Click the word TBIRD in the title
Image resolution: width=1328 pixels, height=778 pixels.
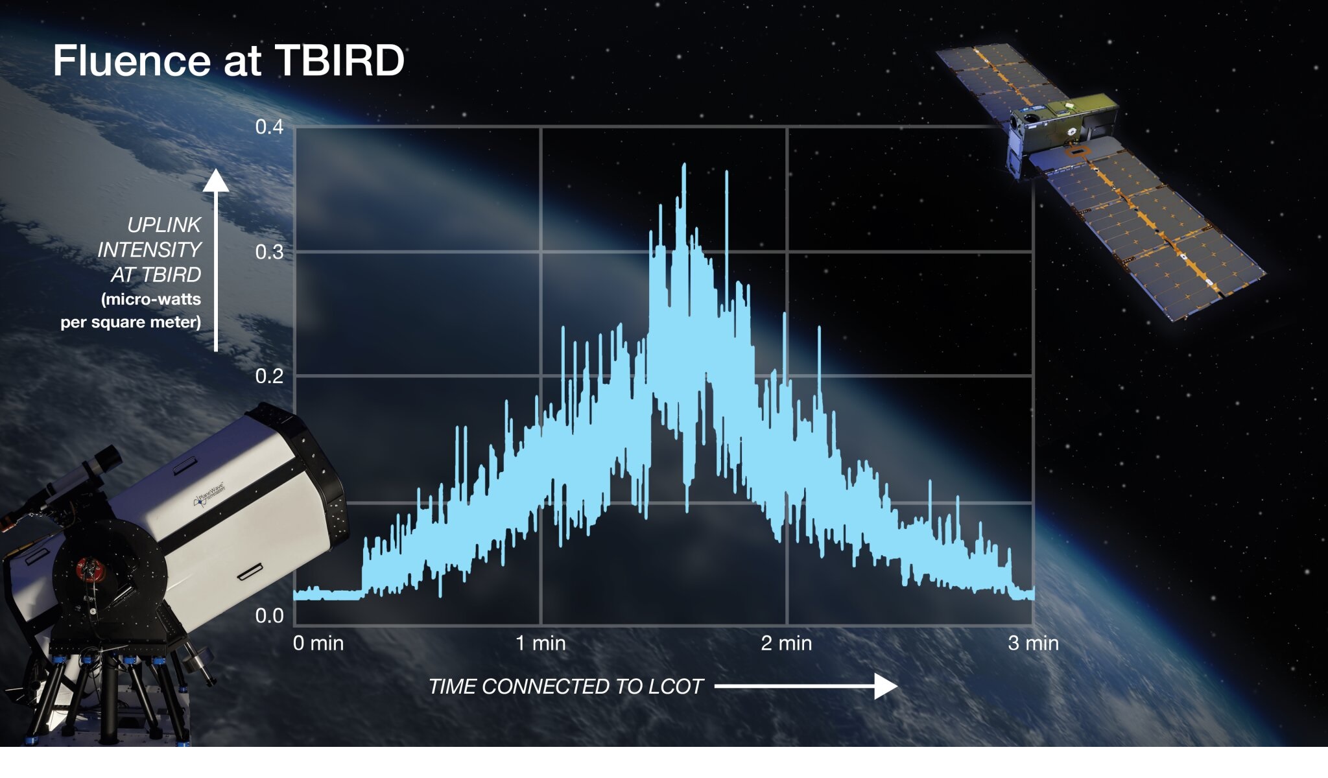340,61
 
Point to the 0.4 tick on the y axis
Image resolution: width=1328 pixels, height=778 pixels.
269,127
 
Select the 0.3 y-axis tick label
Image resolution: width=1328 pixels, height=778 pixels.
269,252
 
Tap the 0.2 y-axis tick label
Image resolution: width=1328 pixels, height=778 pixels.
269,376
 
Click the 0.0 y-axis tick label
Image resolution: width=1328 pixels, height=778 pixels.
269,615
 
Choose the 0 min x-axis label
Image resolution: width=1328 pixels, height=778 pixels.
318,643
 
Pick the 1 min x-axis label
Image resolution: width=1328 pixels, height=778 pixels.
541,643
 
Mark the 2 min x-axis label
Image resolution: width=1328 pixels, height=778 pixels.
787,643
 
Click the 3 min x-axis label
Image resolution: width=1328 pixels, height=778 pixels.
1033,643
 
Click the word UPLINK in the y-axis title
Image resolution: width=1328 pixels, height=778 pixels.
164,225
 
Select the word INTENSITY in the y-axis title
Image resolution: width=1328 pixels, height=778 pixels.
149,250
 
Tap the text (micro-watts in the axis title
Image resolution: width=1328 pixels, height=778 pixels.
151,300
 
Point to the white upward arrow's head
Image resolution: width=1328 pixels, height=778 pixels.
216,181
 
